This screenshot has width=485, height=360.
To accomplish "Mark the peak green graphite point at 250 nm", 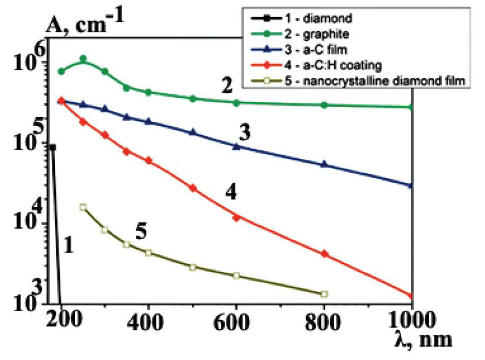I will click(83, 59).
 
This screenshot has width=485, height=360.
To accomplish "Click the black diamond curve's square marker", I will click(53, 147).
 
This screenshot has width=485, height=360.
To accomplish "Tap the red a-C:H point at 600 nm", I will click(236, 218).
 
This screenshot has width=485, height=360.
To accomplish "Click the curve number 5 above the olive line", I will click(140, 232).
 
